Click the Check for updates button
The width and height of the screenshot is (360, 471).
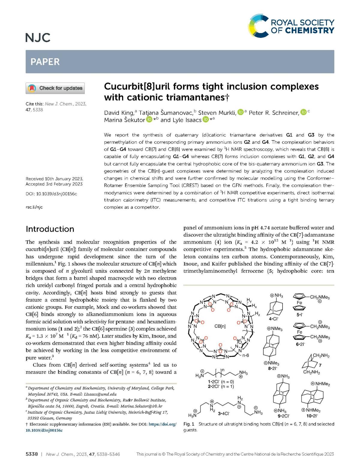pyautogui.click(x=55, y=88)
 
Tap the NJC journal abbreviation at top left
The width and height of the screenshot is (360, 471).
pyautogui.click(x=38, y=38)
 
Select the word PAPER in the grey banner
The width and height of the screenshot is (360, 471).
pyautogui.click(x=45, y=62)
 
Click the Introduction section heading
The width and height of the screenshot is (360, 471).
pyautogui.click(x=50, y=229)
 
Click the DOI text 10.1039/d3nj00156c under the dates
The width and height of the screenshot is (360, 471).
pyautogui.click(x=56, y=194)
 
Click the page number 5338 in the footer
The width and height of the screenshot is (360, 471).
pyautogui.click(x=32, y=454)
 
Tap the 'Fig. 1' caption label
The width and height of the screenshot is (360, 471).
pyautogui.click(x=189, y=424)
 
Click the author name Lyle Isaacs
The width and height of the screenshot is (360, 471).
pyautogui.click(x=188, y=120)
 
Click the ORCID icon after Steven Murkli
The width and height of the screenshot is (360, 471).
pyautogui.click(x=240, y=112)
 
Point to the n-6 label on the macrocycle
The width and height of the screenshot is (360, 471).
pyautogui.click(x=246, y=356)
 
